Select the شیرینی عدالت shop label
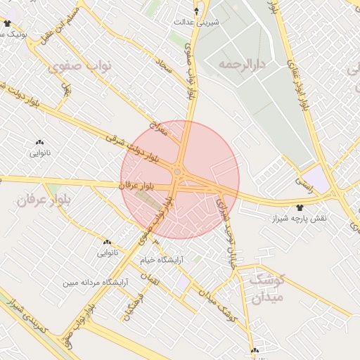(198, 22)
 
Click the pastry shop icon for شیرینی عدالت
(196, 11)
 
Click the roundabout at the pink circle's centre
(178, 172)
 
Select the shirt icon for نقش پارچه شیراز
(300, 207)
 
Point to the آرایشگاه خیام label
(160, 259)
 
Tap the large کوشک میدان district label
(266, 288)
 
